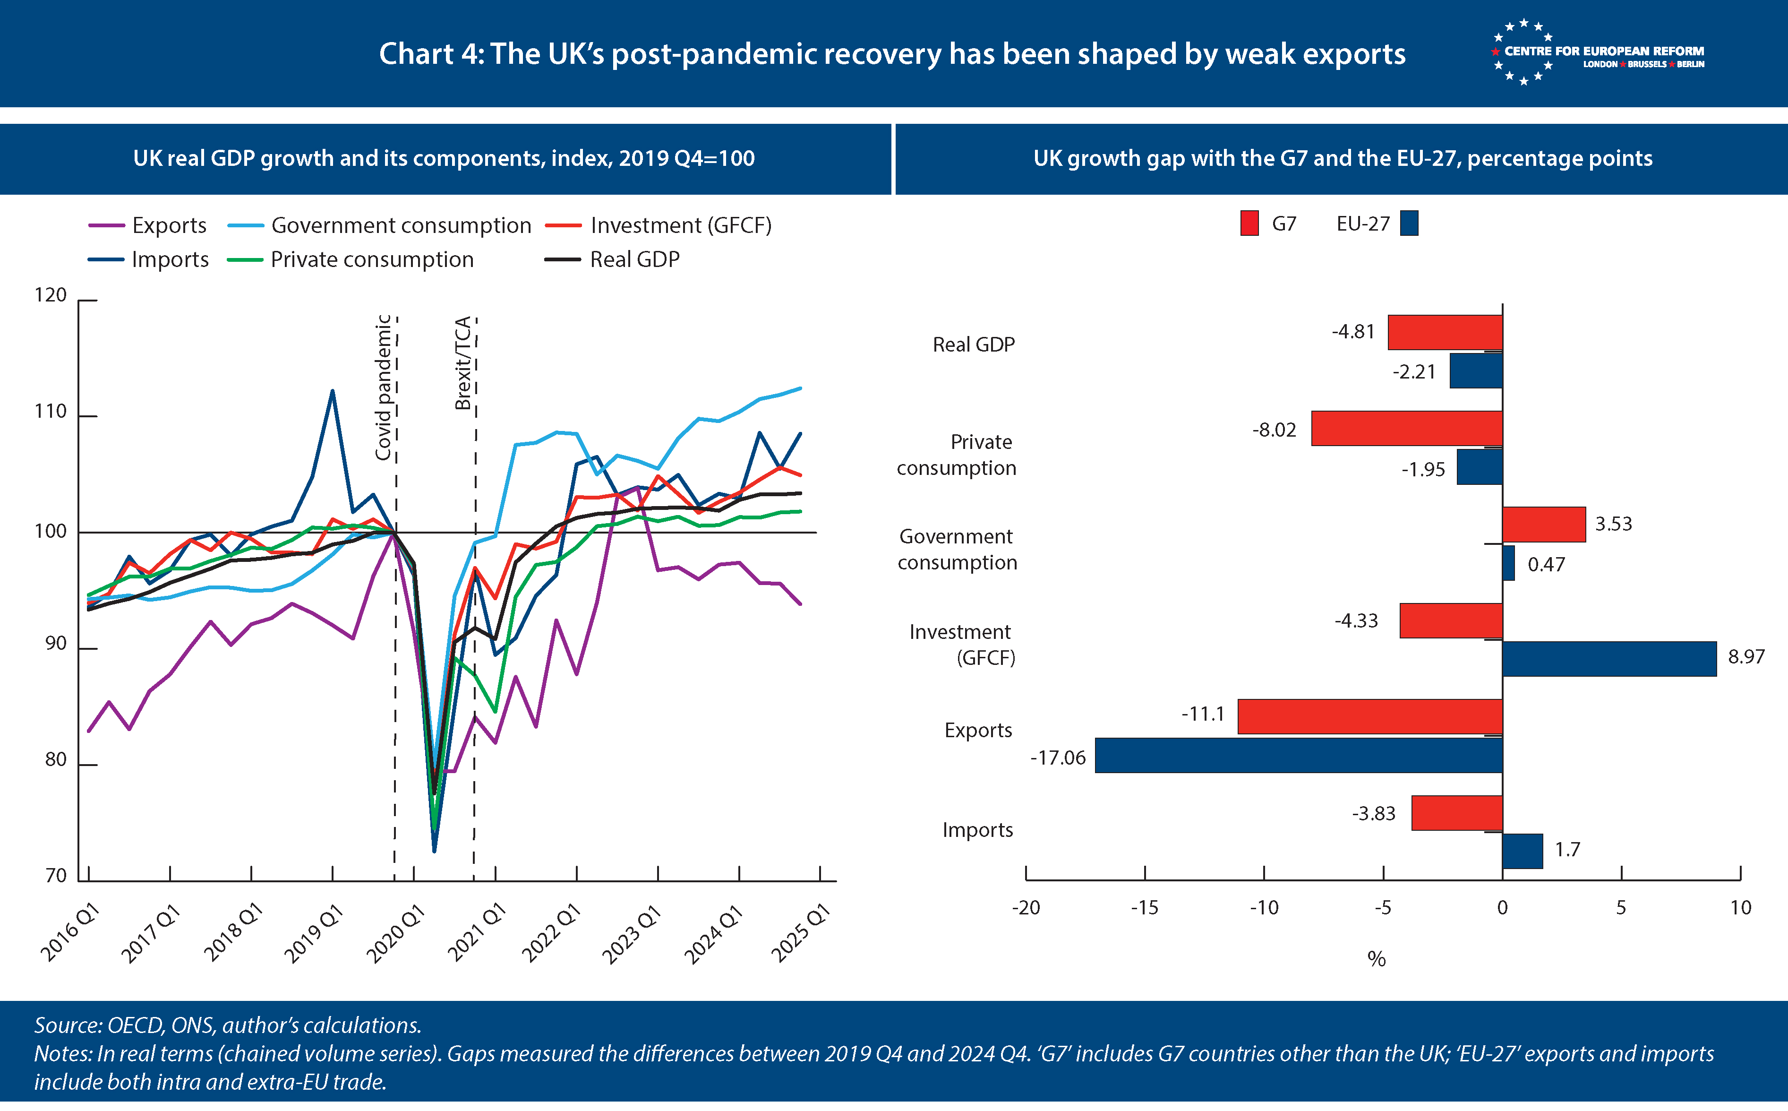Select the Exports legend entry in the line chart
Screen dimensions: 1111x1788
[x=147, y=225]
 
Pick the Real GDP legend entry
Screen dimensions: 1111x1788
[x=613, y=259]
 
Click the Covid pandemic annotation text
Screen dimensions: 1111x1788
[x=383, y=387]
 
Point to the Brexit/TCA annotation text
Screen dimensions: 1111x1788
[x=462, y=364]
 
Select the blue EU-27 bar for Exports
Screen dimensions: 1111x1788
[x=1298, y=755]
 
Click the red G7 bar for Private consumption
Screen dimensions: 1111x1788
[x=1406, y=429]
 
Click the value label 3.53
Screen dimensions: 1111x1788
[x=1613, y=524]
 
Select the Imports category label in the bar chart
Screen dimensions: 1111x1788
[x=977, y=830]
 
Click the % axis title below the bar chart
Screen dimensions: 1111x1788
[x=1376, y=959]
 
